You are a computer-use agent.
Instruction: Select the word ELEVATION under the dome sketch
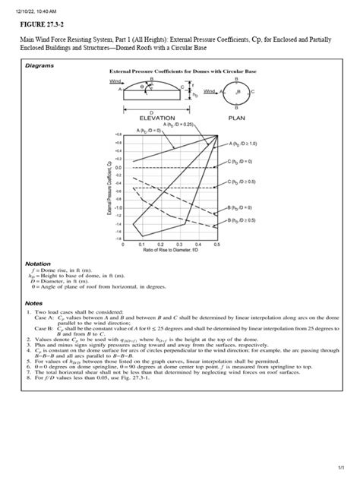click(x=159, y=118)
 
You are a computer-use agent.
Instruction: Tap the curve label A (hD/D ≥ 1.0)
click(x=247, y=144)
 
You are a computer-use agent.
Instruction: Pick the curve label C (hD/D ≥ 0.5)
click(x=247, y=182)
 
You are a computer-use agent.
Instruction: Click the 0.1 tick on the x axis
click(x=141, y=245)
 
